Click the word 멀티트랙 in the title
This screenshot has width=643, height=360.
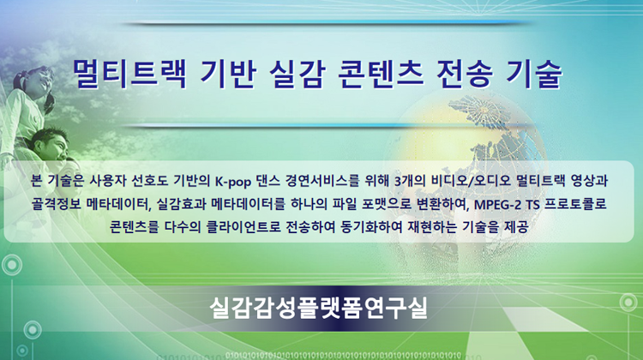click(x=129, y=74)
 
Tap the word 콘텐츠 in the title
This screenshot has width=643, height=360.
click(x=380, y=74)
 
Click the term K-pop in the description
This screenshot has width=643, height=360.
click(x=233, y=181)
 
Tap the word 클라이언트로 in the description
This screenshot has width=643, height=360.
click(x=243, y=227)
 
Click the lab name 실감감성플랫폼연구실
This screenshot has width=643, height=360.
click(x=319, y=308)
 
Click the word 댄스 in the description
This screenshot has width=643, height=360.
click(x=268, y=181)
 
